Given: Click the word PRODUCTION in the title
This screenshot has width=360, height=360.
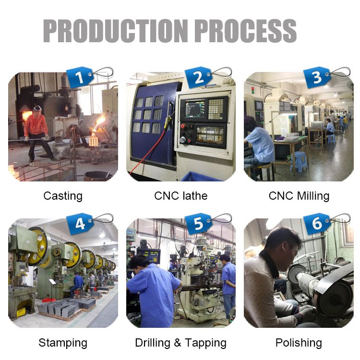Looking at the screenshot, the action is [x=116, y=31].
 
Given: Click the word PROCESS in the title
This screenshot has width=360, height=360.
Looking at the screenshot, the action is [x=246, y=31].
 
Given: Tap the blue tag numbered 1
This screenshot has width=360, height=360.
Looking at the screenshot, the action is [x=79, y=77].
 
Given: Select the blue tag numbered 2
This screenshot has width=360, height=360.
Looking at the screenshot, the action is [x=198, y=77].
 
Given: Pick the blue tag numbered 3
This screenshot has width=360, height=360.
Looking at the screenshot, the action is [x=317, y=77].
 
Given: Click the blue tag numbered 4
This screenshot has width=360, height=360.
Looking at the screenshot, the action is [x=79, y=224].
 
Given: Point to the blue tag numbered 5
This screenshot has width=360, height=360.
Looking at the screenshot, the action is [x=198, y=224].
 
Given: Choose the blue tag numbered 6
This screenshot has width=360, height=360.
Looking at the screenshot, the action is [x=317, y=224].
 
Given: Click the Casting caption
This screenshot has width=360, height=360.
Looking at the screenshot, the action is [x=63, y=196].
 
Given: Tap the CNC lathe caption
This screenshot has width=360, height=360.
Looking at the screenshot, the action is [x=181, y=196].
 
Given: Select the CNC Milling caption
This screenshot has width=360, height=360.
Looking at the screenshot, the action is [x=299, y=196].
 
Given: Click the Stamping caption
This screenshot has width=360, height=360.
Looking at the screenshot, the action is [x=63, y=343].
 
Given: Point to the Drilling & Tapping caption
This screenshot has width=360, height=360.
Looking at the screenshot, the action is [x=181, y=343].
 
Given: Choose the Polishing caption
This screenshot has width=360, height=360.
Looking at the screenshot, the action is [x=299, y=343].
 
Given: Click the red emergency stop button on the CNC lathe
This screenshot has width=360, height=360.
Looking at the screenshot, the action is [x=183, y=126].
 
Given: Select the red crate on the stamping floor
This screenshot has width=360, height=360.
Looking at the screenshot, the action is [x=49, y=300].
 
